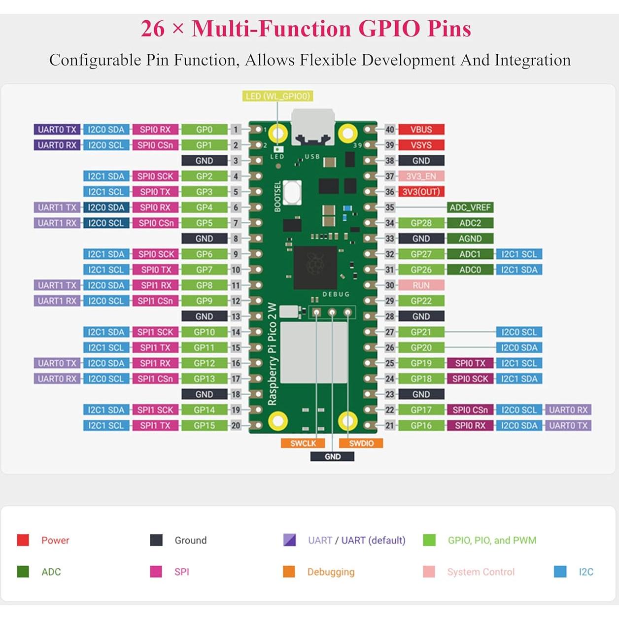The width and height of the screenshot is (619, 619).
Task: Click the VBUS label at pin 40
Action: pyautogui.click(x=421, y=130)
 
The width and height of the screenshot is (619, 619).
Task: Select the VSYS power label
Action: pyautogui.click(x=421, y=145)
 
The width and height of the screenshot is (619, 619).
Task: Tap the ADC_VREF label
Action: pyautogui.click(x=470, y=207)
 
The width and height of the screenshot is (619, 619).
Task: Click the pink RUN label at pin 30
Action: pyautogui.click(x=421, y=285)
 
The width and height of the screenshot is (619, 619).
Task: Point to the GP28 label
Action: pyautogui.click(x=421, y=223)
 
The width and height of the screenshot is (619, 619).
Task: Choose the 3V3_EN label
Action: pyautogui.click(x=421, y=176)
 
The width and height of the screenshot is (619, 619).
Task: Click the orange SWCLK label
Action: pyautogui.click(x=303, y=443)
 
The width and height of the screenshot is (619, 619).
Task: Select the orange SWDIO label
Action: pyautogui.click(x=361, y=443)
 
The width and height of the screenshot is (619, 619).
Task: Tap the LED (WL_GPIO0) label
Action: pyautogui.click(x=278, y=96)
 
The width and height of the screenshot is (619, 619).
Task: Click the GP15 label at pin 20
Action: pyautogui.click(x=204, y=425)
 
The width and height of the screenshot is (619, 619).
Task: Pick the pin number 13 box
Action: pyautogui.click(x=236, y=316)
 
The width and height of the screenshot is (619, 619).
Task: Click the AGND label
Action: pyautogui.click(x=470, y=239)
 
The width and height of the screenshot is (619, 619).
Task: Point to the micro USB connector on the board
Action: pyautogui.click(x=313, y=127)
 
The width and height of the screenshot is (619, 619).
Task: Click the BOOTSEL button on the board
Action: pyautogui.click(x=292, y=193)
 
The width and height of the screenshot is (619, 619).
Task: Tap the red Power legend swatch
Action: pyautogui.click(x=23, y=540)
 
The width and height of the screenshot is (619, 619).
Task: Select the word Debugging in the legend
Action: pyautogui.click(x=331, y=572)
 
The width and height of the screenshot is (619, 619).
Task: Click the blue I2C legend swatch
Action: pyautogui.click(x=560, y=572)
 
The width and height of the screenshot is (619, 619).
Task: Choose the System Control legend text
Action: pyautogui.click(x=481, y=572)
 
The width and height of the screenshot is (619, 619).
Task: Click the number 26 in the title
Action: pyautogui.click(x=152, y=29)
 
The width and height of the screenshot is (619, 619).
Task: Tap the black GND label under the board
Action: pyautogui.click(x=332, y=457)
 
